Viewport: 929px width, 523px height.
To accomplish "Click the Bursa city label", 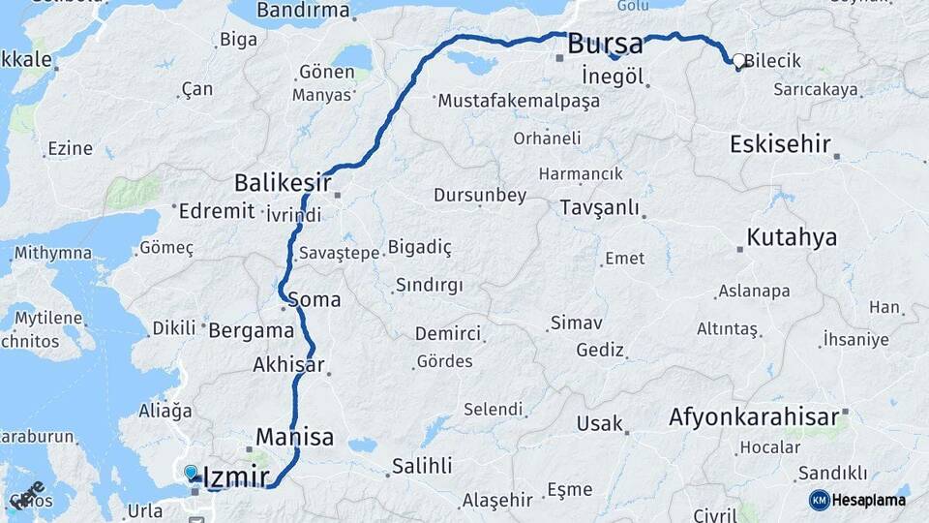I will [x=605, y=45].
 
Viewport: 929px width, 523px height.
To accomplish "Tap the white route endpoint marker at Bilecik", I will [x=739, y=61].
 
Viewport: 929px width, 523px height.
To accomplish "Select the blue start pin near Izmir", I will [x=191, y=473].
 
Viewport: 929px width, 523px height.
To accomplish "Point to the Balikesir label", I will [x=283, y=182].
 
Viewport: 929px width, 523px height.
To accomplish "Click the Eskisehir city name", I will [x=780, y=145].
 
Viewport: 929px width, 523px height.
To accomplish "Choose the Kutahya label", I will [x=792, y=238].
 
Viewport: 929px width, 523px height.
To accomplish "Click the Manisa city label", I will [x=294, y=436].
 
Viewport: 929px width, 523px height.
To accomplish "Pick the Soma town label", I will [x=315, y=300].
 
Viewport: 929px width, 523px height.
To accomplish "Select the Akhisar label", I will [x=288, y=366].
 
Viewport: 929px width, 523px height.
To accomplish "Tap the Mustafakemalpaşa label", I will [x=513, y=101].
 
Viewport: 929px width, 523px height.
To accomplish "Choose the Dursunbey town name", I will [x=480, y=196].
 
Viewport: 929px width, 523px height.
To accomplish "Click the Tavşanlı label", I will [x=600, y=208].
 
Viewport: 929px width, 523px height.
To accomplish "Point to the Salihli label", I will [x=421, y=467].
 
